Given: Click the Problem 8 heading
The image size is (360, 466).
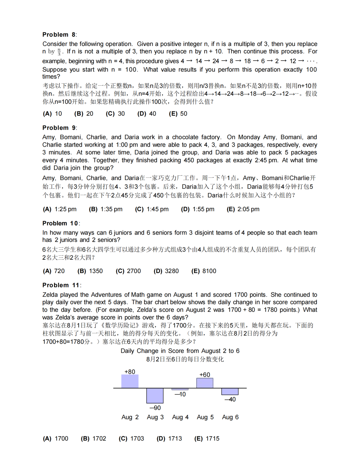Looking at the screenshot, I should [59, 35].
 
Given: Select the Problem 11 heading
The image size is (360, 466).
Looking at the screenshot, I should [61, 285].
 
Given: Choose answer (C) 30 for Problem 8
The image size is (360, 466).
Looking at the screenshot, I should [115, 114].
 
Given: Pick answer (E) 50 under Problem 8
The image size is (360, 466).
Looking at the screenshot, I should [178, 114].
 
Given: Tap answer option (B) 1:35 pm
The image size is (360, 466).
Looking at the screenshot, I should [106, 209].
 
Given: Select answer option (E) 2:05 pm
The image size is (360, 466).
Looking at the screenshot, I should [243, 209].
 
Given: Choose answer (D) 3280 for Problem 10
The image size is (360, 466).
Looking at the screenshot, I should [166, 271].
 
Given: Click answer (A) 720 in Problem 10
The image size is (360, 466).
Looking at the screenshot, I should [54, 271].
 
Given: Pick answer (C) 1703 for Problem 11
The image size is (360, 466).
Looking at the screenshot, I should [131, 439].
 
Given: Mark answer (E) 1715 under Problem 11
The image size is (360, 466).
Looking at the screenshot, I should [207, 439].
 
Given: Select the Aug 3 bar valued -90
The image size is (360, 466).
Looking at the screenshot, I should [155, 396].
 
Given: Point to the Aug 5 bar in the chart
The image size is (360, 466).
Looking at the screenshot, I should [205, 383].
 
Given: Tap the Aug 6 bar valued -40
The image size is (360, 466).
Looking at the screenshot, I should [230, 391].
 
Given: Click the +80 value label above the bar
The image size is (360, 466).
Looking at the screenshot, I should [130, 372].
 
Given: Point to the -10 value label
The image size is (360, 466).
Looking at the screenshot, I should [180, 394].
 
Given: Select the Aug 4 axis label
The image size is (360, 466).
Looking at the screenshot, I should [180, 417].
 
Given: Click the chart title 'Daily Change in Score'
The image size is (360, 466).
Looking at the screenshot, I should [180, 351].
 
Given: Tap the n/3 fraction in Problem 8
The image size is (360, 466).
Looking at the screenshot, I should [59, 52].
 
